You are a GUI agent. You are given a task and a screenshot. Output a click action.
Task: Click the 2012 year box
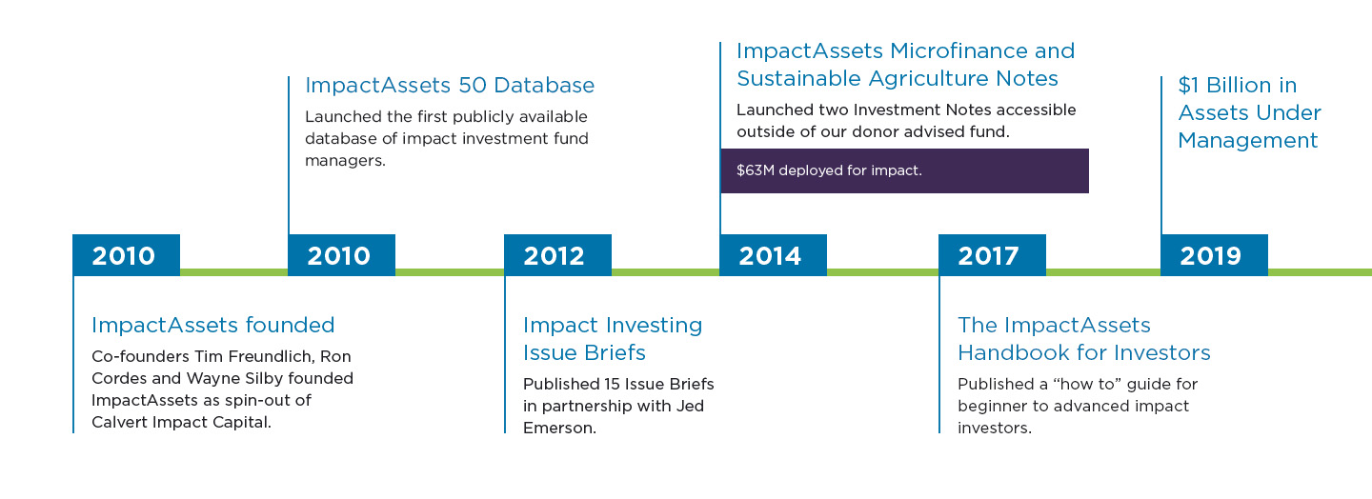coord(557,254)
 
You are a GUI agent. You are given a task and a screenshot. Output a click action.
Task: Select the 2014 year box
coord(773,254)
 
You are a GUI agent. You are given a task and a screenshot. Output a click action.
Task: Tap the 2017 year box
coord(992,254)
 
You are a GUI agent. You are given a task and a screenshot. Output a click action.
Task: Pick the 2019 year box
coord(1214,254)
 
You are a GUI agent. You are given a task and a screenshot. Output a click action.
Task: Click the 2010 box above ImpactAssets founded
coord(126,254)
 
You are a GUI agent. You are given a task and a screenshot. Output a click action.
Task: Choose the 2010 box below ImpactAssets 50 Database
coord(341,254)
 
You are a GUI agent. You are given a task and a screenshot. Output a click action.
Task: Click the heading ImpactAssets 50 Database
coord(450,85)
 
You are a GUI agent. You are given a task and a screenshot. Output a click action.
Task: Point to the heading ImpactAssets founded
coord(213,325)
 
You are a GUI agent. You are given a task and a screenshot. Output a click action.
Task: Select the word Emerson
coord(559,428)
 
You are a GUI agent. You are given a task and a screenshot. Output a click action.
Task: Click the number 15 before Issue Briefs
coord(613,384)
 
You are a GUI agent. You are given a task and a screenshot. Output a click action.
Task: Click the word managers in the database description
coord(345,161)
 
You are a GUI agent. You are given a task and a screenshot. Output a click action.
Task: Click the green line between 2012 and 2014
coord(665,271)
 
